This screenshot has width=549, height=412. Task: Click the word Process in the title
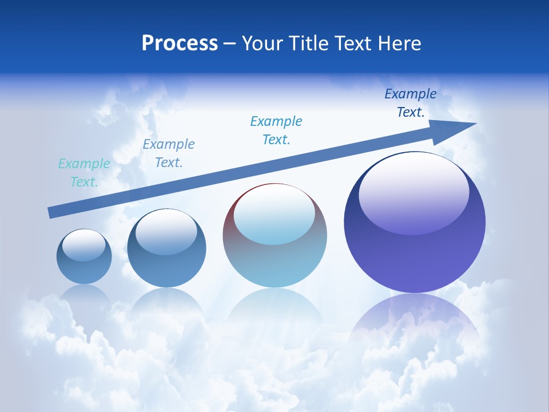180,43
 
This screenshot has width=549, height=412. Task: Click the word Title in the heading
310,43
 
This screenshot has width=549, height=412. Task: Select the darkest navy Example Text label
411,103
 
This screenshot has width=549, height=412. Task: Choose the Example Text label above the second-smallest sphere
169,153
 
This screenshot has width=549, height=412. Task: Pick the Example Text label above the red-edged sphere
276,130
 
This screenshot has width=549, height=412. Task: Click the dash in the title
230,43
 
